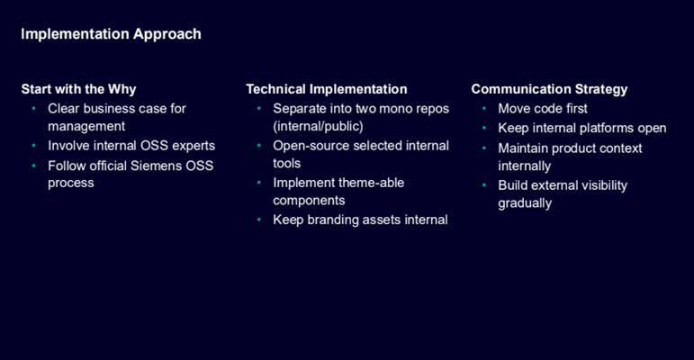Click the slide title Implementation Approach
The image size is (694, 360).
click(111, 34)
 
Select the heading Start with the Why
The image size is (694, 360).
click(79, 89)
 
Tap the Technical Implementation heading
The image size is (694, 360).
click(327, 89)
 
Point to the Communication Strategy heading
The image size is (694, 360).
click(549, 89)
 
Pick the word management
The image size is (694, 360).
click(86, 126)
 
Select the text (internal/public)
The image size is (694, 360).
click(318, 126)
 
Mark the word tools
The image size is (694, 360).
click(287, 164)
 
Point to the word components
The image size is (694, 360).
click(309, 201)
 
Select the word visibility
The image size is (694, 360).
click(605, 185)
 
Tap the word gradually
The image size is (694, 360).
click(525, 203)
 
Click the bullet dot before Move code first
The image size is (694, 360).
click(484, 109)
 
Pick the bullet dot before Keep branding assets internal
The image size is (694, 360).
click(259, 220)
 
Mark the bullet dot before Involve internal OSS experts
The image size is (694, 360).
click(33, 145)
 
